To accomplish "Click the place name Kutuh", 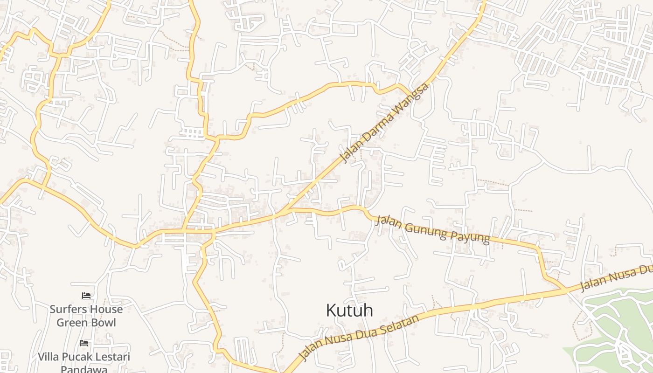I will click(349, 310).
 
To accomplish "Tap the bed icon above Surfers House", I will click(86, 296).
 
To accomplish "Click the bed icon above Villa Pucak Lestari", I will click(84, 343).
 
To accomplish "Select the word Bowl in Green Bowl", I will click(103, 322).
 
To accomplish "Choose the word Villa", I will click(48, 357).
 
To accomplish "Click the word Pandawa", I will click(84, 369).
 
